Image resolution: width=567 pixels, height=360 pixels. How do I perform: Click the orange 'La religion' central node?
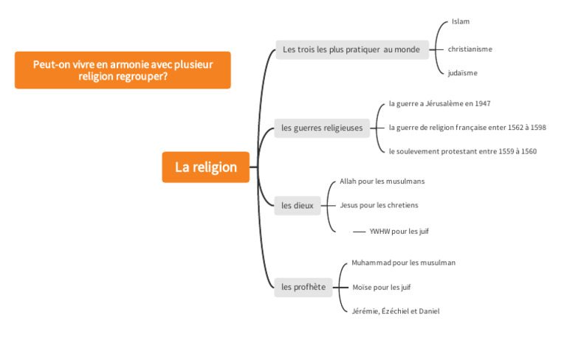pos(206,167)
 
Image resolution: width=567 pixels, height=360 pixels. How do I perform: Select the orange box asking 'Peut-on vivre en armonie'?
pos(123,70)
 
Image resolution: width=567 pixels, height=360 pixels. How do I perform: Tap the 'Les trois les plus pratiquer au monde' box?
pos(351,50)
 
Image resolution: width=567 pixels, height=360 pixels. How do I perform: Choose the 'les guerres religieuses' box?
pos(322,128)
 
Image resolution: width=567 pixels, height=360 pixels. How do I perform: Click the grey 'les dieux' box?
pos(298,205)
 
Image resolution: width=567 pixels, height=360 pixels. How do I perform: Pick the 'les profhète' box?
pos(303,287)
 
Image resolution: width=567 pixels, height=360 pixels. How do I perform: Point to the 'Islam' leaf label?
pos(461,22)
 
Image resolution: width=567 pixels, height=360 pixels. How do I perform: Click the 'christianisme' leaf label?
pos(470,49)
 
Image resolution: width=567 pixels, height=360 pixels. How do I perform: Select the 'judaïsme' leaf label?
pos(462,73)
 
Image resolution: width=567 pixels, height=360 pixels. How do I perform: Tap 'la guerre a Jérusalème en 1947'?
pos(439,104)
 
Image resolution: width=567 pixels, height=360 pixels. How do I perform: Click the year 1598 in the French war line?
pos(537,128)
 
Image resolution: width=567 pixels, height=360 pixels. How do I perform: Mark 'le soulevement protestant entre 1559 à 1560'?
pos(462,151)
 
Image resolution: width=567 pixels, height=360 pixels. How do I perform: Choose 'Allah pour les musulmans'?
pos(382,181)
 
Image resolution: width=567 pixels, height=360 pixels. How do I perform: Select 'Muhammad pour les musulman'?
pos(403,263)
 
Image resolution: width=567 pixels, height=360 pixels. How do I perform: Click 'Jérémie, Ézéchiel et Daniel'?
pos(395,311)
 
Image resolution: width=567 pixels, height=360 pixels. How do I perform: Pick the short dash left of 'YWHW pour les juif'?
pos(360,232)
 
